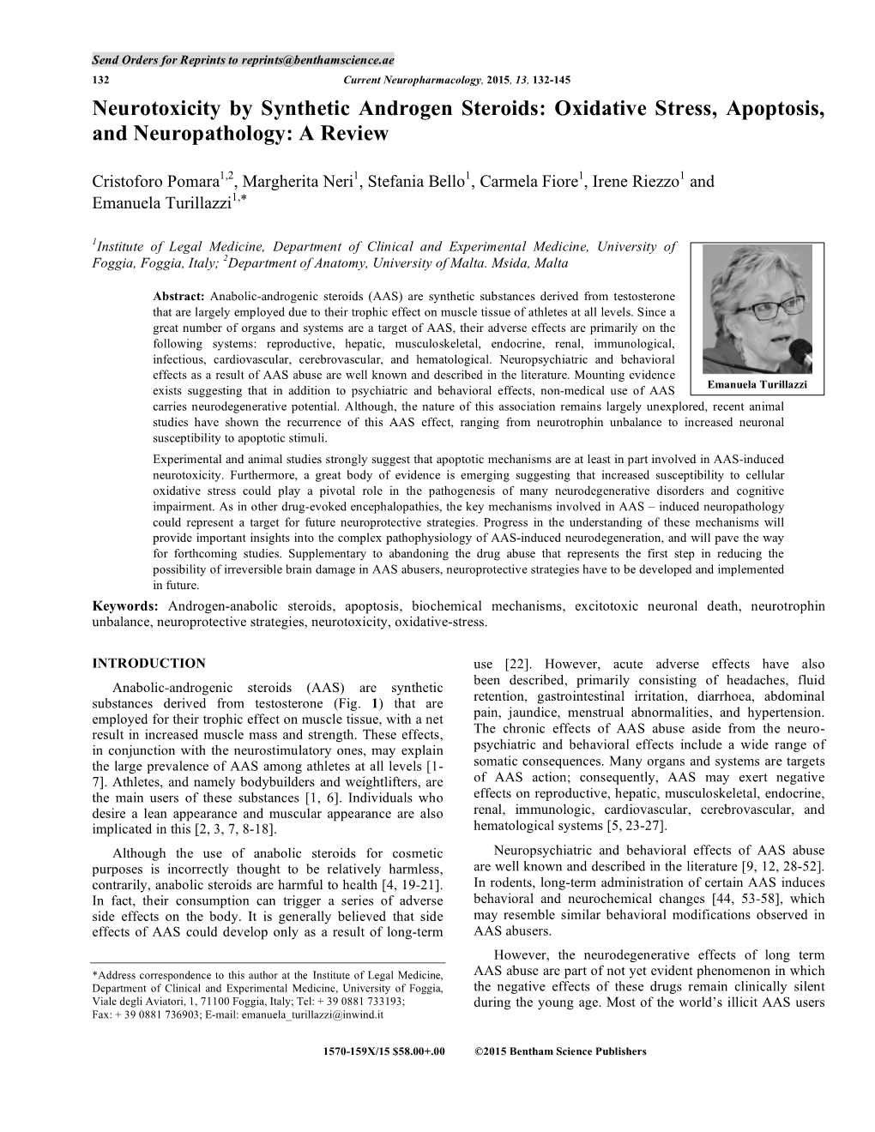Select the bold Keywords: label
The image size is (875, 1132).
pos(124,606)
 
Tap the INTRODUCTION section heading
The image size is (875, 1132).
pos(148,663)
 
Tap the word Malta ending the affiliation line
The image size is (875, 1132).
pos(549,263)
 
